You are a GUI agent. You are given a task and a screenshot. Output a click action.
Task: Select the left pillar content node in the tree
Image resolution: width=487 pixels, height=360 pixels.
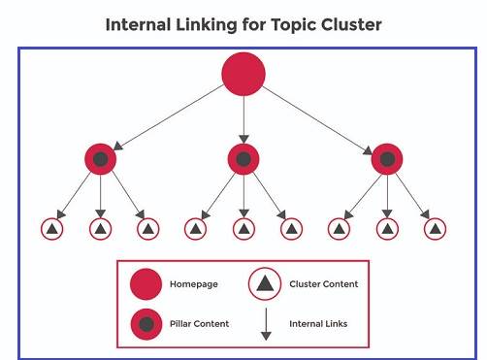pyautogui.click(x=100, y=158)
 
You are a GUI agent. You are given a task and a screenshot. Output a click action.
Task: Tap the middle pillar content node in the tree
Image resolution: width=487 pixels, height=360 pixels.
pyautogui.click(x=243, y=158)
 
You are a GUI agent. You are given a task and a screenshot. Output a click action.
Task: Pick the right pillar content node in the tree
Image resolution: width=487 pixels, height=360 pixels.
pyautogui.click(x=387, y=158)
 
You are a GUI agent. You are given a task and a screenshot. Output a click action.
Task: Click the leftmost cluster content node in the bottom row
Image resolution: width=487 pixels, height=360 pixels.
pyautogui.click(x=52, y=229)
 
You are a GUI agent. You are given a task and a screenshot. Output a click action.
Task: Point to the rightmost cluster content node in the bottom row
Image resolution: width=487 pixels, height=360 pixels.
pyautogui.click(x=435, y=229)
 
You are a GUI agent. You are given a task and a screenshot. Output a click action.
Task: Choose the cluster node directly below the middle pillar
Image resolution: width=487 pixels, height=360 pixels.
pyautogui.click(x=243, y=229)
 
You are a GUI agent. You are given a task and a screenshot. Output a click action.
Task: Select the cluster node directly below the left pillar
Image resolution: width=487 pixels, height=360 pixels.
pyautogui.click(x=100, y=229)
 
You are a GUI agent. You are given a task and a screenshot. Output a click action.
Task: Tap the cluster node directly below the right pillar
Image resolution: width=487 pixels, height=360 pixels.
pyautogui.click(x=387, y=229)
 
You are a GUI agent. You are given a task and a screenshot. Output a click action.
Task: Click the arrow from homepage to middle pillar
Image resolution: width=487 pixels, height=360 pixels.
pyautogui.click(x=243, y=118)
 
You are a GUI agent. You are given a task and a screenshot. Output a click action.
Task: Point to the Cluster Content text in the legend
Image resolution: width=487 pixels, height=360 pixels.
pyautogui.click(x=324, y=284)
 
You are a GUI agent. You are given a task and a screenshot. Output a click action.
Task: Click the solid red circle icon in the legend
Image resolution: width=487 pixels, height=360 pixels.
pyautogui.click(x=146, y=284)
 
